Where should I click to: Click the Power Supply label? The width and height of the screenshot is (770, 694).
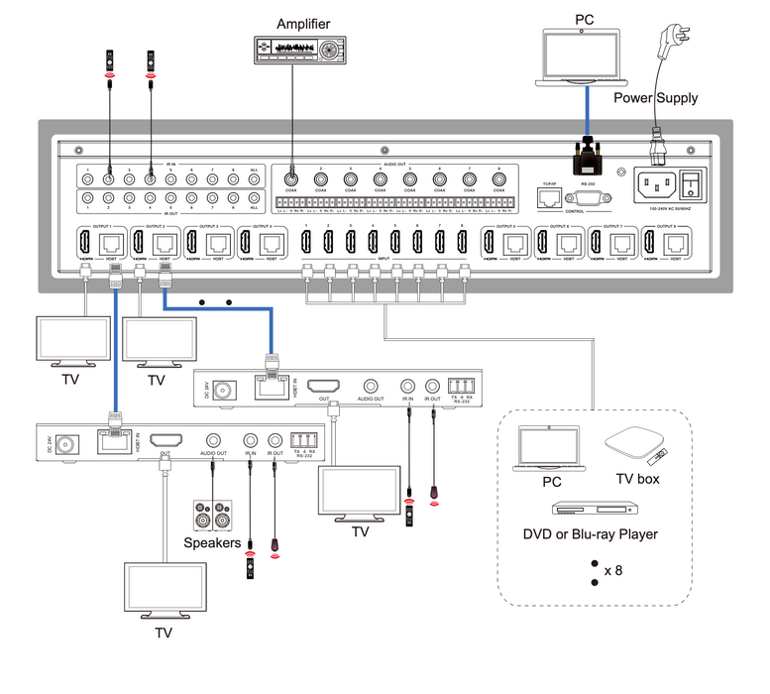tap(655, 97)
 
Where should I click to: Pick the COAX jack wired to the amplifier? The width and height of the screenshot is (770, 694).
tap(291, 181)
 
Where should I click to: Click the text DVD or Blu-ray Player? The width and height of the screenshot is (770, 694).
tap(591, 534)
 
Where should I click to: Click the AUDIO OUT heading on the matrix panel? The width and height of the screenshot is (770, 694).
tap(394, 165)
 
